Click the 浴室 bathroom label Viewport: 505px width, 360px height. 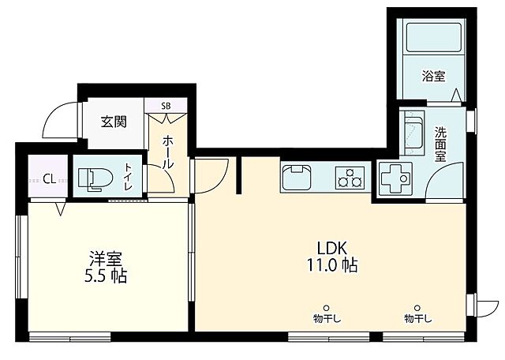coord(432,77)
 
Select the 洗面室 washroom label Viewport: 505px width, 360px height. coord(440,144)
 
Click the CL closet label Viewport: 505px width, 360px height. coord(48,178)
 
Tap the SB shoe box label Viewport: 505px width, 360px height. coord(166,105)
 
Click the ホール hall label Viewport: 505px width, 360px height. coord(167,151)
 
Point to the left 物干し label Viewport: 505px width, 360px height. coord(326,319)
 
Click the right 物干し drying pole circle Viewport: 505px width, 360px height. coord(417,307)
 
